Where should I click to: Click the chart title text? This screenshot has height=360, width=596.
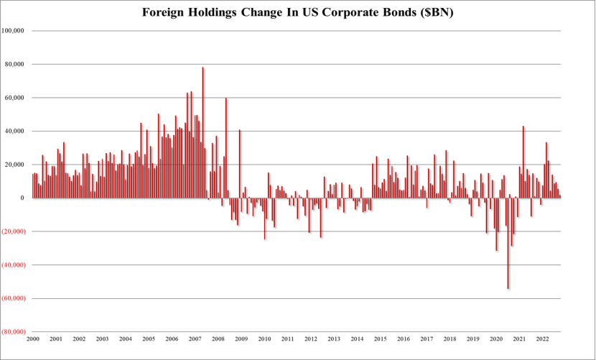(298, 13)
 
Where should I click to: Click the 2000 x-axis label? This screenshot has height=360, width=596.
(32, 338)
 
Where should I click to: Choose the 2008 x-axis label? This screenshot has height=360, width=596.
(218, 338)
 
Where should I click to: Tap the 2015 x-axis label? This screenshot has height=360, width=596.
(380, 338)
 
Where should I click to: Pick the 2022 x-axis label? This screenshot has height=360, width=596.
(542, 338)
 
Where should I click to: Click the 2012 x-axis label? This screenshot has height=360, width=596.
(310, 338)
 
